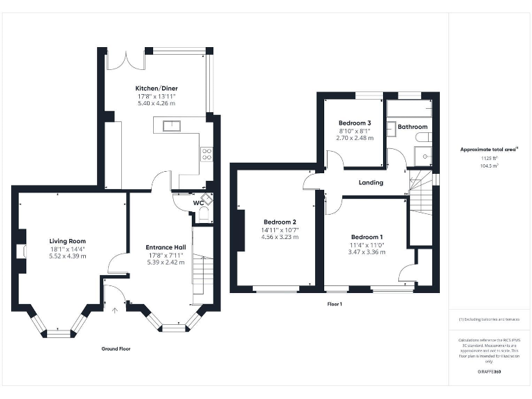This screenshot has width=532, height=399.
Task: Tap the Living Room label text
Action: [67, 241]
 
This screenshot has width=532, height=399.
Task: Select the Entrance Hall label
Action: [165, 247]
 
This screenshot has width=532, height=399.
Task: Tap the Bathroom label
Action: [412, 127]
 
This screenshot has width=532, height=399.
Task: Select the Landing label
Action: [371, 183]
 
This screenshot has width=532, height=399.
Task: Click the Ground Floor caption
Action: [115, 349]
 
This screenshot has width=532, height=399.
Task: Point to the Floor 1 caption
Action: [335, 303]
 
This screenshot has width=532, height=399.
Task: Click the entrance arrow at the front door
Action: [115, 310]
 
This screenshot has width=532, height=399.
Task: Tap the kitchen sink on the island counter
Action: [171, 125]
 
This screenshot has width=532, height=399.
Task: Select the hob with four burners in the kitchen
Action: [206, 154]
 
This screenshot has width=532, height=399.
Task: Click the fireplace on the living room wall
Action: [23, 251]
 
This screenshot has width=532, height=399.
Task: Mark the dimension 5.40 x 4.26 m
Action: [155, 103]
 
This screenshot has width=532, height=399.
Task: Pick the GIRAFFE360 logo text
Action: [490, 372]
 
